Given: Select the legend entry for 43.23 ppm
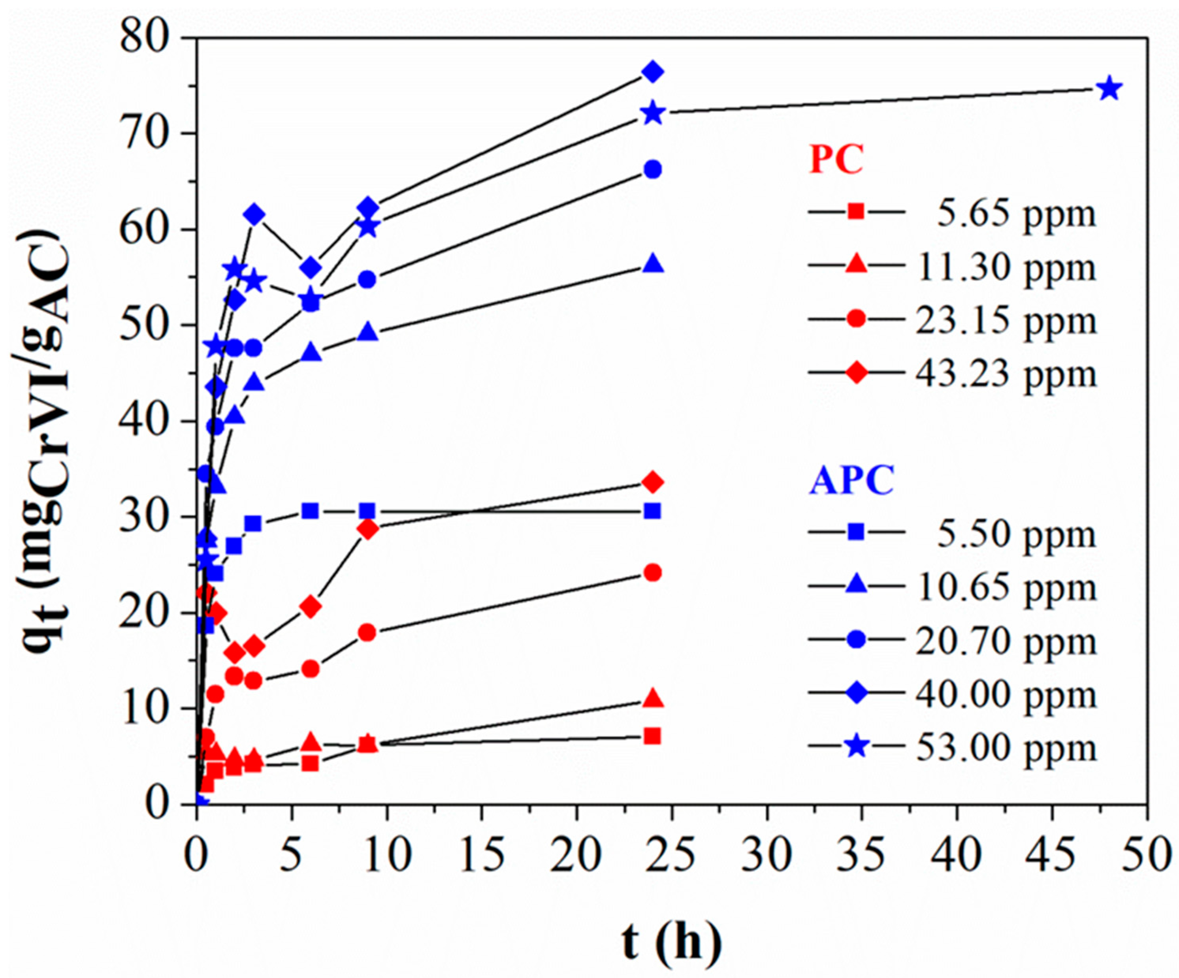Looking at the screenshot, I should coord(952,373).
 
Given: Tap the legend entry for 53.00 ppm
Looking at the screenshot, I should coord(952,747).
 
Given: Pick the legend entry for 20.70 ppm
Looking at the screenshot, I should coord(952,641).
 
